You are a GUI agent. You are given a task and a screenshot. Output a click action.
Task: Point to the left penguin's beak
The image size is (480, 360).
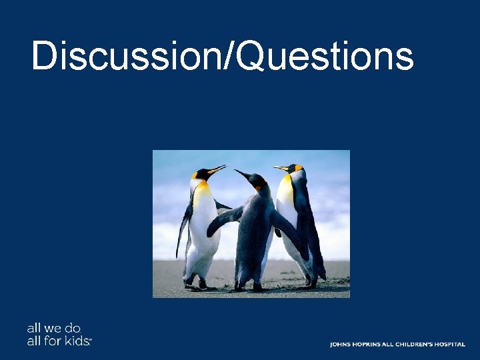tap(217, 169)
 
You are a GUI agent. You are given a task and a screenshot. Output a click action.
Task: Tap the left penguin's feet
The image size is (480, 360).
tap(195, 285)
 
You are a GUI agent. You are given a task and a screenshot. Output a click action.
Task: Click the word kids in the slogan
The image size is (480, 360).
tap(77, 341)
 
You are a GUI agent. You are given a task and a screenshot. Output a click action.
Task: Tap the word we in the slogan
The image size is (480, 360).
tap(53, 329)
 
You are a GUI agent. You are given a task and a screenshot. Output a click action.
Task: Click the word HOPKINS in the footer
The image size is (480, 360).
tap(366, 345)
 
